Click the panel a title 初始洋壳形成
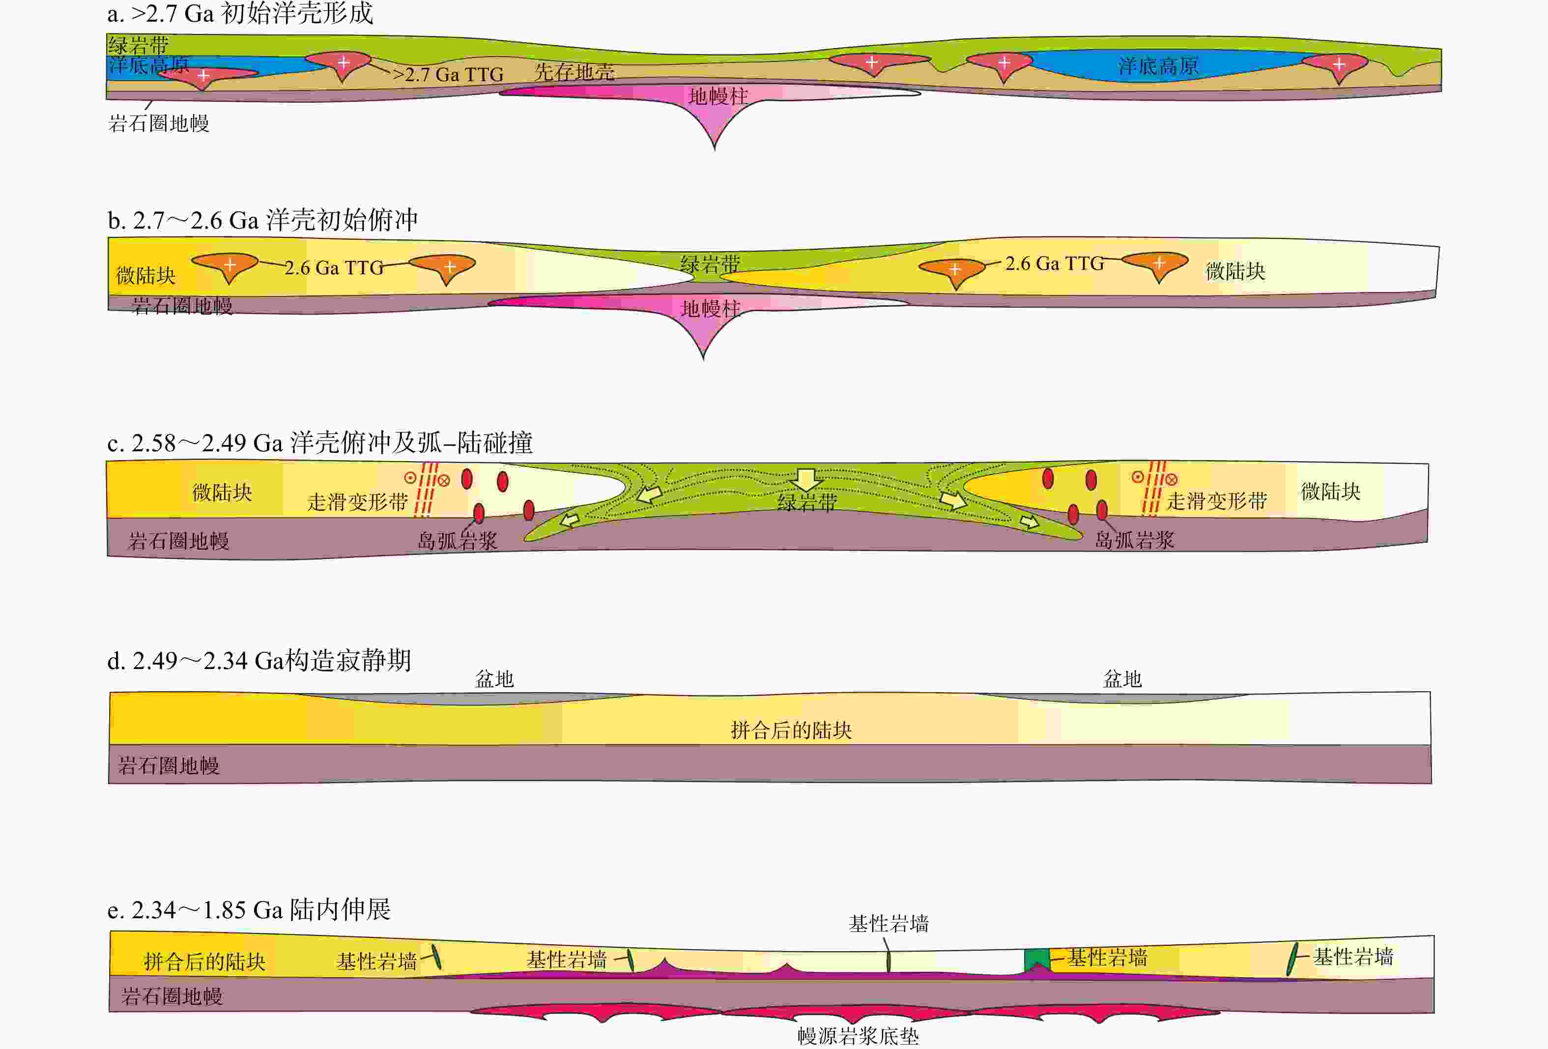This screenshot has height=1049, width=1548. tap(240, 13)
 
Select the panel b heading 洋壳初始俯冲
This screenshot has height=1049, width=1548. tap(262, 220)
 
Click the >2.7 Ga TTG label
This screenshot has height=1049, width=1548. tap(448, 74)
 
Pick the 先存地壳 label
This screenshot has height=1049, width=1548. tap(574, 72)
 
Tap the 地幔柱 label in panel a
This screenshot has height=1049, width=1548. tap(718, 97)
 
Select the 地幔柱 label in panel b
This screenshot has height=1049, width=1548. tap(710, 309)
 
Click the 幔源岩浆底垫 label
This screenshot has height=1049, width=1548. tap(858, 1036)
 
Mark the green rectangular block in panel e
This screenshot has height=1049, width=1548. tap(1036, 960)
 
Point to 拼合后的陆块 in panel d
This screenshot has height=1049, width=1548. tap(791, 730)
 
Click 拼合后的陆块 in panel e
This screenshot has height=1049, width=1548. tap(204, 962)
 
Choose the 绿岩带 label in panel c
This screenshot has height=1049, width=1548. tap(807, 502)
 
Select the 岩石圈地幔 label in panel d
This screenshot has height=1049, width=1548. tap(169, 766)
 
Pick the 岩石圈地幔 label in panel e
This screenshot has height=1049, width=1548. tap(172, 996)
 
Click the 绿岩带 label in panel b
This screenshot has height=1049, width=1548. tap(710, 264)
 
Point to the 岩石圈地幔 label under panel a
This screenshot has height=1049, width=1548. tap(159, 123)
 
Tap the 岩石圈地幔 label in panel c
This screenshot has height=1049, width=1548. tap(178, 541)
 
